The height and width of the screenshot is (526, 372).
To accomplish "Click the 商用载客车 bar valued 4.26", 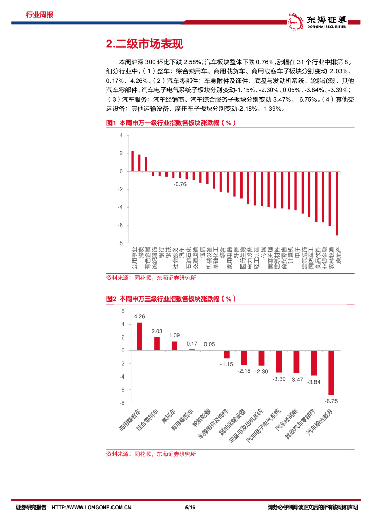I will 139,336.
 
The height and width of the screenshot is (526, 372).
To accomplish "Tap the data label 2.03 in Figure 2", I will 157,331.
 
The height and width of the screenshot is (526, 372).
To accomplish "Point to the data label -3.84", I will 313,382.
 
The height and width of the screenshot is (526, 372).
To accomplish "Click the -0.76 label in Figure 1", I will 179,184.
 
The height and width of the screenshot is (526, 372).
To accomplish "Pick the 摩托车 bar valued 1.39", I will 174,346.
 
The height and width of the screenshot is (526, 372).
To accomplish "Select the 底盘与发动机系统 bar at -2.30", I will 262,358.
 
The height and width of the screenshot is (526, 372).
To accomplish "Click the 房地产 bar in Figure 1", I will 337,203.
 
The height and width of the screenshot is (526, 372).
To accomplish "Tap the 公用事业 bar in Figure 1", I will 132,161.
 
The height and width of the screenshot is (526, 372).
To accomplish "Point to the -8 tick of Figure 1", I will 121,243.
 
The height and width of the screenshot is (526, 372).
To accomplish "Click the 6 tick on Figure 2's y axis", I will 123,311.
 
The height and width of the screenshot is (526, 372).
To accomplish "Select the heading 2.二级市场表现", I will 144,45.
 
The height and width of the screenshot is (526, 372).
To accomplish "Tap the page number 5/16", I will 190,508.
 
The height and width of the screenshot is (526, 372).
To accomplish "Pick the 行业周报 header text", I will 40,15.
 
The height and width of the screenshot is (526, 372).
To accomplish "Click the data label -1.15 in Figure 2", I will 227,364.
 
